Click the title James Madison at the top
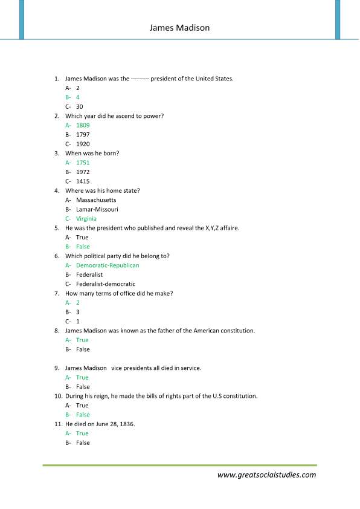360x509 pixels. point(179,28)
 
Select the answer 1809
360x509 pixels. point(83,125)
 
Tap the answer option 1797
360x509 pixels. point(83,134)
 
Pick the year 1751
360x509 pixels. point(83,163)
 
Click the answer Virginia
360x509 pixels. point(86,219)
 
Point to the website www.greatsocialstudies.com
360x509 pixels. point(266,475)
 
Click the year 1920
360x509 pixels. point(83,144)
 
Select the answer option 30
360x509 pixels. point(80,106)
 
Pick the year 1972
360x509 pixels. point(83,172)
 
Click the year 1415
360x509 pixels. point(83,181)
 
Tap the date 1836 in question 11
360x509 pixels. point(127,424)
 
